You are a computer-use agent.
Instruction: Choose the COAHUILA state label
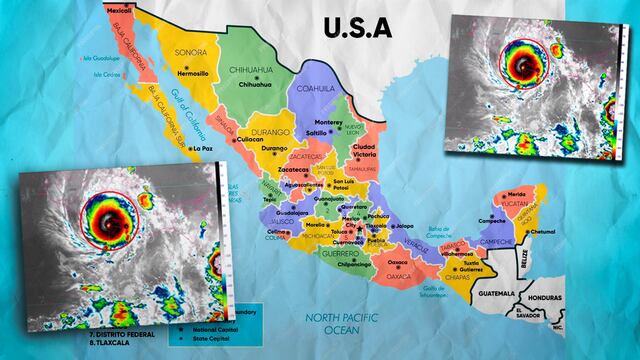321,88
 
